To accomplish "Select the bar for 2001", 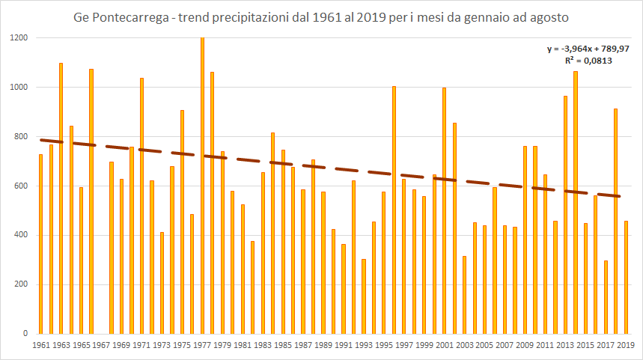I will [445, 210].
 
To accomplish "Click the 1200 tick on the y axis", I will [19, 38].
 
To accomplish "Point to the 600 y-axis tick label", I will [22, 186].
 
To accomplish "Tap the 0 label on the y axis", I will [25, 334].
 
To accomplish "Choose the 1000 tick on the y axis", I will [19, 88].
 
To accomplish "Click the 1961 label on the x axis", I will [41, 345].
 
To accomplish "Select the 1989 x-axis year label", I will [323, 345].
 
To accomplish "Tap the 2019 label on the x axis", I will [626, 345].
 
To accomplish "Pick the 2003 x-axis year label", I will [465, 345].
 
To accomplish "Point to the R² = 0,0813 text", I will [588, 61].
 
